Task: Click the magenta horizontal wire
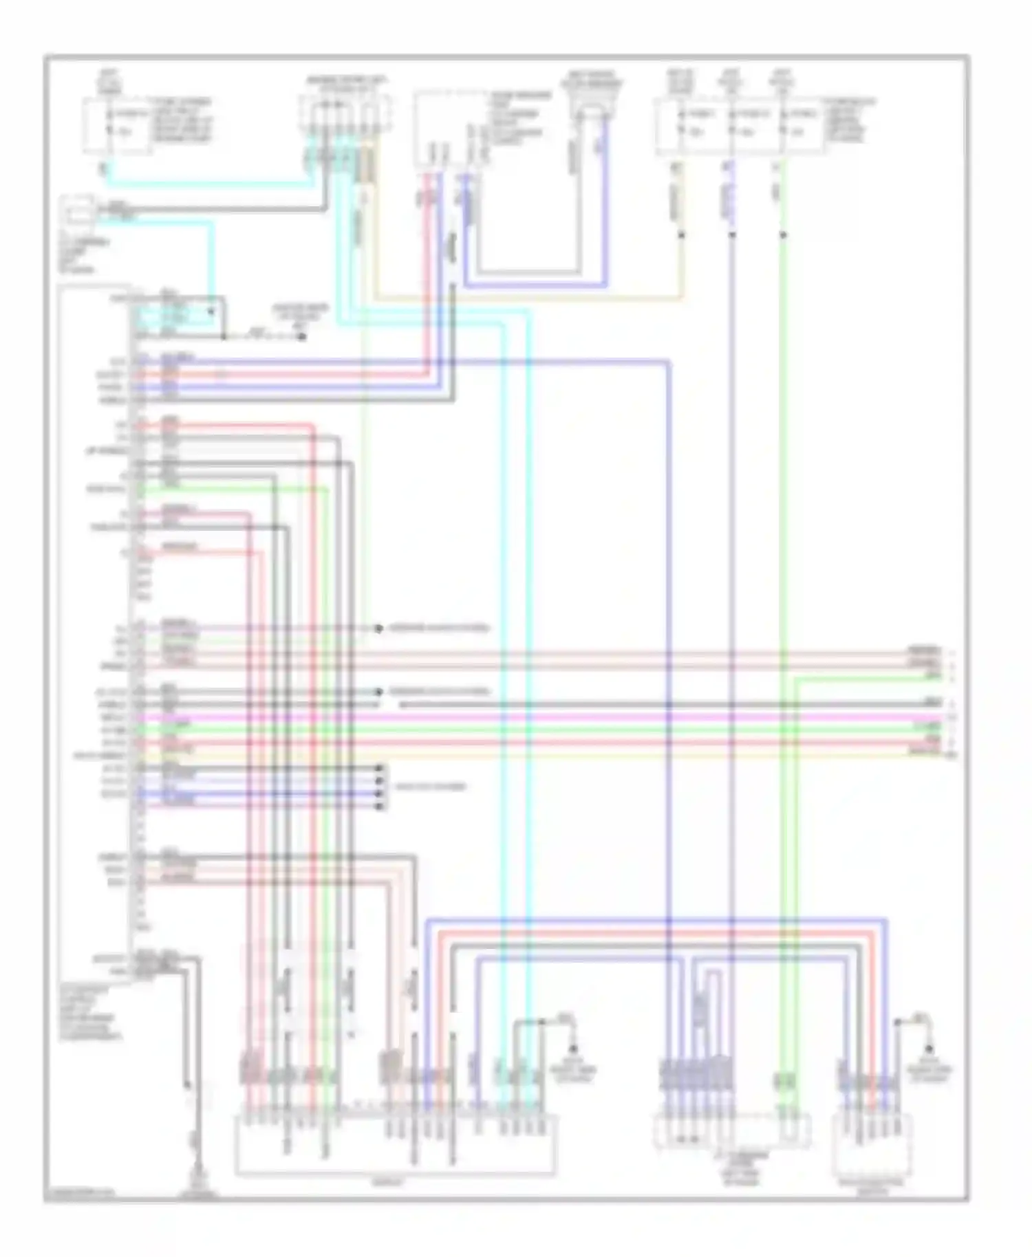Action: point(550,717)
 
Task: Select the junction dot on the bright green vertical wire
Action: point(783,235)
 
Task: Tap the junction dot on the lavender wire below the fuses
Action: point(732,235)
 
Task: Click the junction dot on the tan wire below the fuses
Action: point(682,235)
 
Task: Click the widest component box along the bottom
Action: point(396,1145)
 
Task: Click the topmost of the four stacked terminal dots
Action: point(379,768)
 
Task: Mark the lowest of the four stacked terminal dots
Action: point(379,806)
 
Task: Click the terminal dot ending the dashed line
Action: point(301,337)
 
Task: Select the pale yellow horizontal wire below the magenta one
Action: point(550,754)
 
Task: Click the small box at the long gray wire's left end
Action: point(78,210)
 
